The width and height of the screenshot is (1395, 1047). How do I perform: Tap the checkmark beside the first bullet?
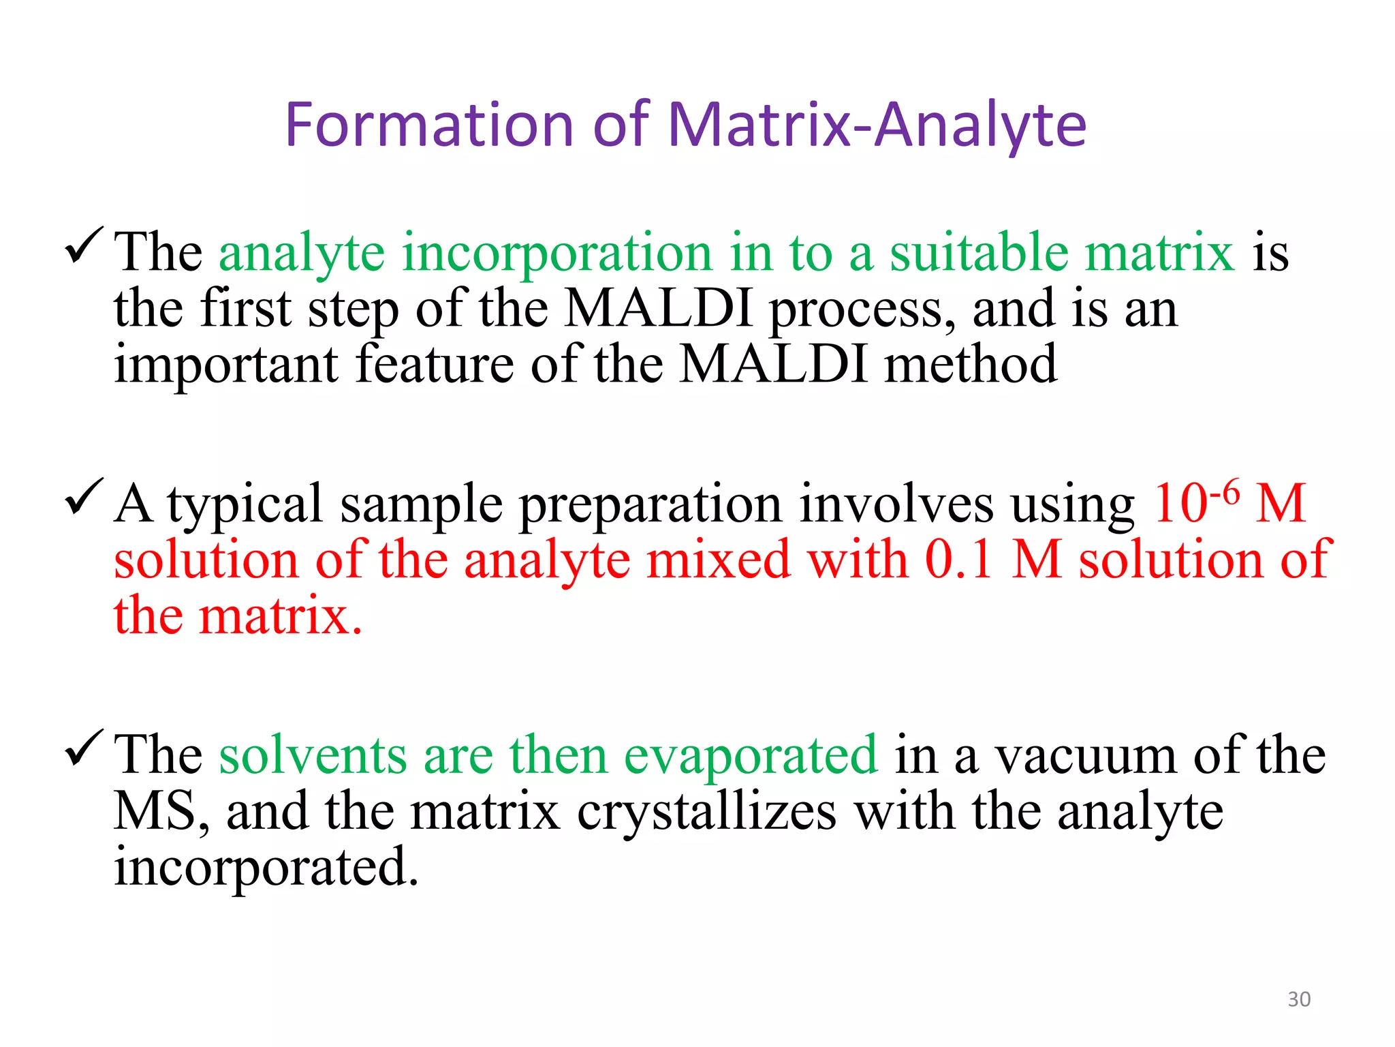pos(84,246)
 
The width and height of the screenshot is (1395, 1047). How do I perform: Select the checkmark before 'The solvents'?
pos(84,748)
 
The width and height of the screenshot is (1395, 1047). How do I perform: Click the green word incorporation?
pos(557,253)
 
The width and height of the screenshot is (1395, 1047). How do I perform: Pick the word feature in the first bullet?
pos(435,365)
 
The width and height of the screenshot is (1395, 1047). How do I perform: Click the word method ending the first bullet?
pos(970,365)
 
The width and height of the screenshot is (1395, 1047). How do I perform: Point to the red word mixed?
pos(718,560)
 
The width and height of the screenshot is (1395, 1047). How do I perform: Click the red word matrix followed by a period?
pos(279,616)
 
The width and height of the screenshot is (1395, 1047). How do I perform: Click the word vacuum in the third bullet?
pos(1085,755)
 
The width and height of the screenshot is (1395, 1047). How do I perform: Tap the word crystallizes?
pos(706,813)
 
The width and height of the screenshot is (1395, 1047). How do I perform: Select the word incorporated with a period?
pos(266,867)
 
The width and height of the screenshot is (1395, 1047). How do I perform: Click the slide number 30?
pos(1299,999)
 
